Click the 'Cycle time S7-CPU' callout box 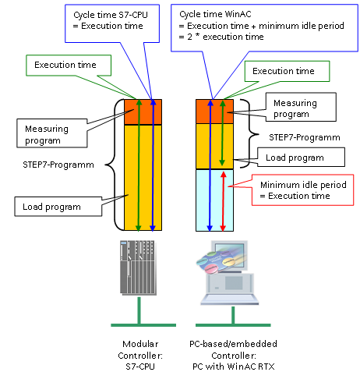[x=112, y=23]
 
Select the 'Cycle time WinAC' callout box [x=264, y=28]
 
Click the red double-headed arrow [x=223, y=201]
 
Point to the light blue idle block [x=214, y=200]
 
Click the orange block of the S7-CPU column [x=143, y=112]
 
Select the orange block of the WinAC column [x=214, y=112]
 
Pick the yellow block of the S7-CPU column [x=143, y=178]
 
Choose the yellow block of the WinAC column [x=214, y=147]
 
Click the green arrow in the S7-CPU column [x=139, y=165]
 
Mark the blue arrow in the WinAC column [x=210, y=165]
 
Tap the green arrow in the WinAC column [x=222, y=133]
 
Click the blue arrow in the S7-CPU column [x=153, y=165]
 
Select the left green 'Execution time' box [x=69, y=66]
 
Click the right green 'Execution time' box [x=287, y=71]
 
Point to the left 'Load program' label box [x=58, y=207]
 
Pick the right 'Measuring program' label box [x=301, y=107]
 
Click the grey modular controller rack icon [x=138, y=267]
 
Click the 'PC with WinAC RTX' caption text [x=233, y=367]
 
